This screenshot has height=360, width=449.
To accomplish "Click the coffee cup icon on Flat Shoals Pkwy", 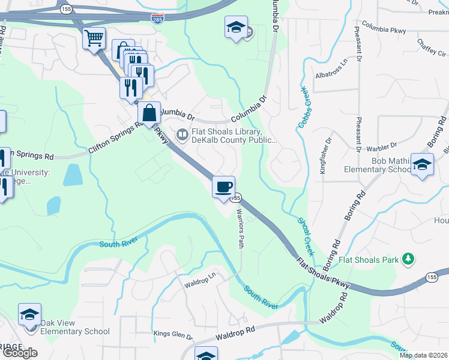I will coord(223,187).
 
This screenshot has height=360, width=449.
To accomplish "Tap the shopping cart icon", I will coord(94,39).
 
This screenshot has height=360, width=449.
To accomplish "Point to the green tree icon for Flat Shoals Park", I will coord(408,259).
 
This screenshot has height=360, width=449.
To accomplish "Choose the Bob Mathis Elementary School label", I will coord(369,165).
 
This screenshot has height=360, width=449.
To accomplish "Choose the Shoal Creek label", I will coord(306,236).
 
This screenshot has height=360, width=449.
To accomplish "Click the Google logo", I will coord(20,352).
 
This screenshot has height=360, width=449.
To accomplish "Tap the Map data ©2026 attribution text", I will coord(423,355).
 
